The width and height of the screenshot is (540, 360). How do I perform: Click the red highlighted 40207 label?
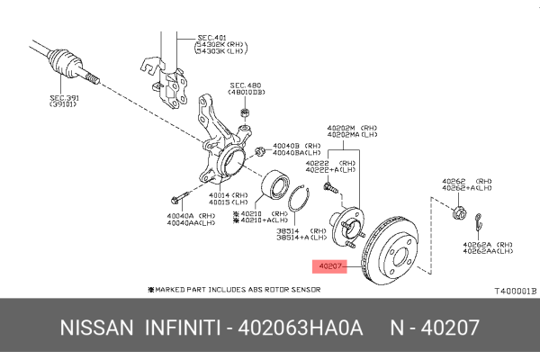[x=328, y=266]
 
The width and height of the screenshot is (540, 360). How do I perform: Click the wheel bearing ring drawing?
[x=274, y=188]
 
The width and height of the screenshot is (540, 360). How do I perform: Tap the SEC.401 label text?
[x=212, y=38]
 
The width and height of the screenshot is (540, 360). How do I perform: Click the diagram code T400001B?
[x=513, y=291]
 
